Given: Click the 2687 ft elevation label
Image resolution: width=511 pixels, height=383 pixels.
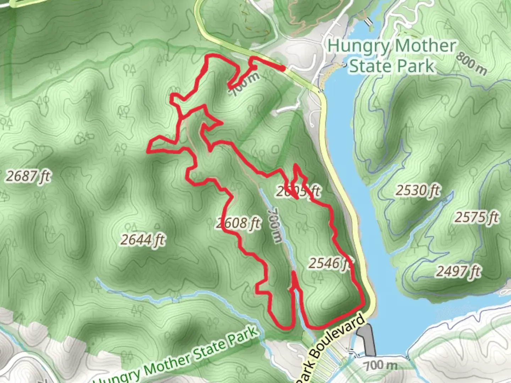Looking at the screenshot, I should [28, 176].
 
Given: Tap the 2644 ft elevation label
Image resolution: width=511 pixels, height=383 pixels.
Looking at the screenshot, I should [143, 240].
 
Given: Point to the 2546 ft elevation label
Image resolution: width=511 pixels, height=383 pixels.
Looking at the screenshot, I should [330, 263].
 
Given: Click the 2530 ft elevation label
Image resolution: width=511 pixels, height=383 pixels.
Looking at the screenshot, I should [418, 191].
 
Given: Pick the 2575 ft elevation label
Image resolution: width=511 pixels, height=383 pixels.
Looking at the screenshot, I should [477, 217].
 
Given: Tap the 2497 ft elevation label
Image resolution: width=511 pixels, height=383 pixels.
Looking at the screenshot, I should [458, 272].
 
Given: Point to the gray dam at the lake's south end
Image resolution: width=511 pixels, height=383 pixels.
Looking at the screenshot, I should [367, 339].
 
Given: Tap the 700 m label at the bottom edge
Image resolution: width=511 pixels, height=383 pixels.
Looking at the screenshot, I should [380, 365].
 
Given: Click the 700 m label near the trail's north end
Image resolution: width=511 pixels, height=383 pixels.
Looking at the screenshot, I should [245, 84].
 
